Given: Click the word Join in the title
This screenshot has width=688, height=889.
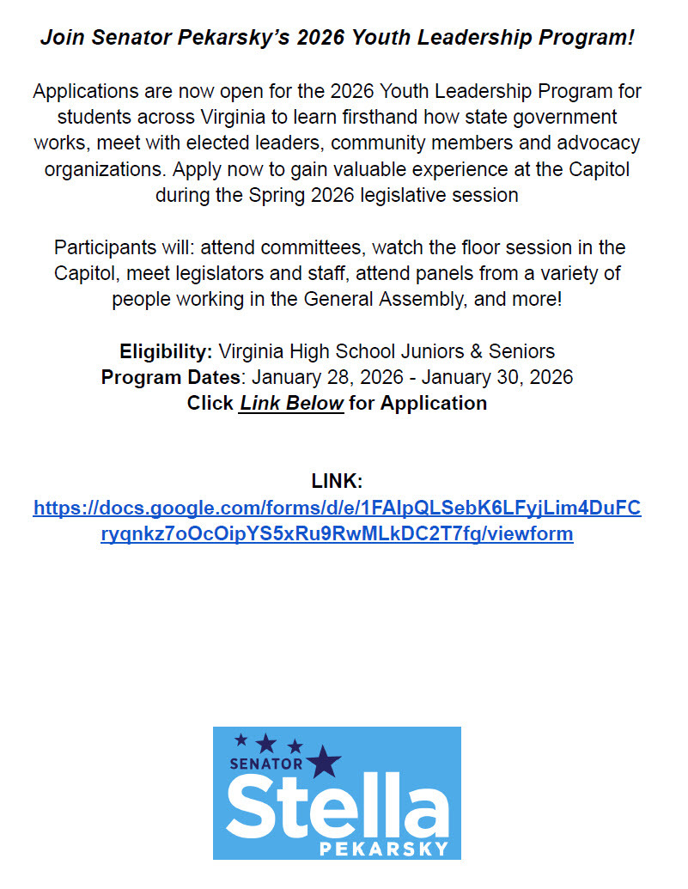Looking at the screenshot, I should click(x=61, y=38).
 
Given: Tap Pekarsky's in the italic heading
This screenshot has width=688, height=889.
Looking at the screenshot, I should click(x=207, y=38).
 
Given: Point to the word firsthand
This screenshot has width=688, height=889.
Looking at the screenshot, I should click(x=423, y=117).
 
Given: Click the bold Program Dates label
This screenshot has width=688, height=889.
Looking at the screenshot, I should click(x=171, y=377).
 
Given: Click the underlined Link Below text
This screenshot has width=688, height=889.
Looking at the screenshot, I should click(x=291, y=403).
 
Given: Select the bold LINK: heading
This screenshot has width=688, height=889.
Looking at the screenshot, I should click(x=337, y=481).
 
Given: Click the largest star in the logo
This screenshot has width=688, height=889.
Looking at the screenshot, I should click(x=325, y=759).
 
